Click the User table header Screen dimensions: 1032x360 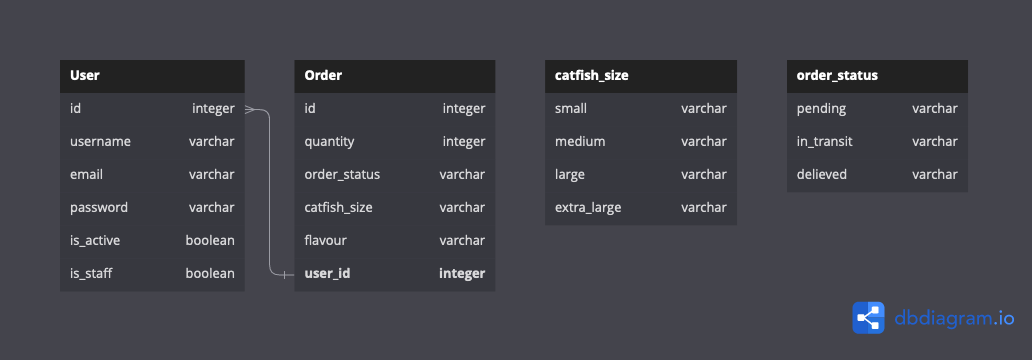coord(85,75)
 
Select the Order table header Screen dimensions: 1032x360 coord(323,75)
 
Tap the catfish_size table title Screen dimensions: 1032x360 coord(591,75)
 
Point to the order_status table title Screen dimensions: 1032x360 coord(837,75)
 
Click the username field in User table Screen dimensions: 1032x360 coord(100,141)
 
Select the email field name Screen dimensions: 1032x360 coord(86,174)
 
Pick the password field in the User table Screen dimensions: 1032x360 coord(100,207)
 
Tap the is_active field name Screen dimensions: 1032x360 coord(96,240)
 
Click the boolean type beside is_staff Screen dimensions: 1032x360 coord(210,273)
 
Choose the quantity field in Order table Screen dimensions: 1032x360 coord(329,141)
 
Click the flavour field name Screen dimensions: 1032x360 coord(325,240)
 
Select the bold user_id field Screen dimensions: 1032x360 coord(327,273)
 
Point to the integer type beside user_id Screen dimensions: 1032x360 coord(462,273)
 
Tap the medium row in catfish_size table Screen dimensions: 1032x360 coord(580,141)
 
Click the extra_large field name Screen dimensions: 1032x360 coord(588,207)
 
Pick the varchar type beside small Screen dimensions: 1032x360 coord(704,108)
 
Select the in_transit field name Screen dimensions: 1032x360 coord(824,141)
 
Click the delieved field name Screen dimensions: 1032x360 coord(822,174)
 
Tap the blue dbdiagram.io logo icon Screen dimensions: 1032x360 coord(868,317)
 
